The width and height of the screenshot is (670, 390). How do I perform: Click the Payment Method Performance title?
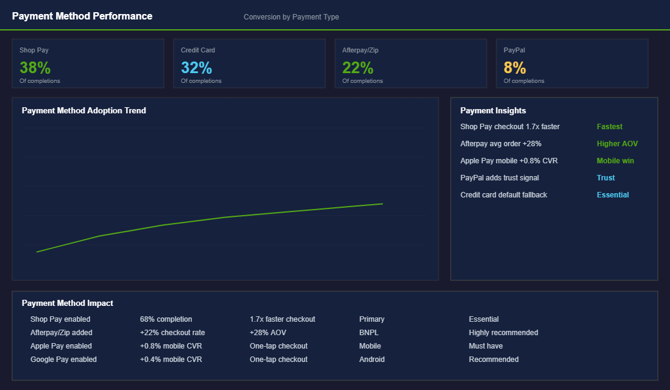click(x=82, y=16)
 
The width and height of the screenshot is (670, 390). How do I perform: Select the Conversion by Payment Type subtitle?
click(x=291, y=17)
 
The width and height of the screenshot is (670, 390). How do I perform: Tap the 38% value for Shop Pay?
click(x=35, y=68)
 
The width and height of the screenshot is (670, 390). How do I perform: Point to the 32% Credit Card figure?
click(x=196, y=68)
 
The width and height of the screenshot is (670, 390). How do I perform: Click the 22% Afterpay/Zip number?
click(x=358, y=68)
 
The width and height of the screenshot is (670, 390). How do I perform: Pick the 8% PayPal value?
click(x=515, y=68)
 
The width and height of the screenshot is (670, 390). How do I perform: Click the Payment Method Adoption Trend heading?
click(x=84, y=111)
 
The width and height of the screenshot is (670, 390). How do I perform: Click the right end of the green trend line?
click(x=383, y=204)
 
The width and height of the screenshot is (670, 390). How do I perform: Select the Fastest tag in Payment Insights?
click(x=610, y=127)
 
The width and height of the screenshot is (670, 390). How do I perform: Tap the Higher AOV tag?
click(x=618, y=144)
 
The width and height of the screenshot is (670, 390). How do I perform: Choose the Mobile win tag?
click(x=615, y=161)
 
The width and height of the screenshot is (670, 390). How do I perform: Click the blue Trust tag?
click(x=606, y=178)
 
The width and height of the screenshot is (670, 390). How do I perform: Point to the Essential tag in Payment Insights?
click(x=613, y=195)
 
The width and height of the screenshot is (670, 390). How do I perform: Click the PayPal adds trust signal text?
click(x=499, y=178)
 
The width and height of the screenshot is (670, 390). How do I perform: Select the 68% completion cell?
click(x=166, y=319)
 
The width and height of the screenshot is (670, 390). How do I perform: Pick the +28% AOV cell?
click(x=268, y=333)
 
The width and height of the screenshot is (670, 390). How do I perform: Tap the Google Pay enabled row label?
click(x=63, y=360)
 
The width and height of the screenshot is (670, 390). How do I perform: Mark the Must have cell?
click(x=486, y=346)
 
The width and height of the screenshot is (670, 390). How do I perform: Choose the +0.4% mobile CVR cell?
click(x=171, y=360)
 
